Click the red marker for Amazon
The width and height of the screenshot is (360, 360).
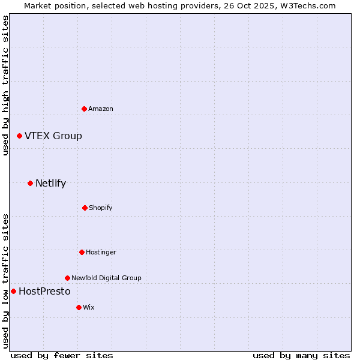85,109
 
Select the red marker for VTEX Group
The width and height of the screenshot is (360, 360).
20,136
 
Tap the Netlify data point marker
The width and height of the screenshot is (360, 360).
31,183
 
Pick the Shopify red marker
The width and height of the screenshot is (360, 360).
85,208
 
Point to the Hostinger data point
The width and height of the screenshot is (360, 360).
82,252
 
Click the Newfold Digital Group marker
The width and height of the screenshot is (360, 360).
67,278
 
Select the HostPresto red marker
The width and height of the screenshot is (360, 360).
13,292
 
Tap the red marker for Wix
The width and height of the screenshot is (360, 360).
79,307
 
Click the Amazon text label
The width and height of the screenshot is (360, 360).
101,109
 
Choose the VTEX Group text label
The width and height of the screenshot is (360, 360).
53,136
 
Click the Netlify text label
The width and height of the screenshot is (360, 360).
50,184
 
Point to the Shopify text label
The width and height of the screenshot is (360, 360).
101,208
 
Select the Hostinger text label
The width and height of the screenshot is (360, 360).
101,252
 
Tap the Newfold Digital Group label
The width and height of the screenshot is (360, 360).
106,278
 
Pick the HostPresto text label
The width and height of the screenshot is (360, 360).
44,292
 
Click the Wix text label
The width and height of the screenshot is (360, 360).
89,307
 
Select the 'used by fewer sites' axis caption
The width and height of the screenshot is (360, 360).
62,355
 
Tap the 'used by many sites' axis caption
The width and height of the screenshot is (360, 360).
301,355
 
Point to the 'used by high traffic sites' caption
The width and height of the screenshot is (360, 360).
5,86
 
